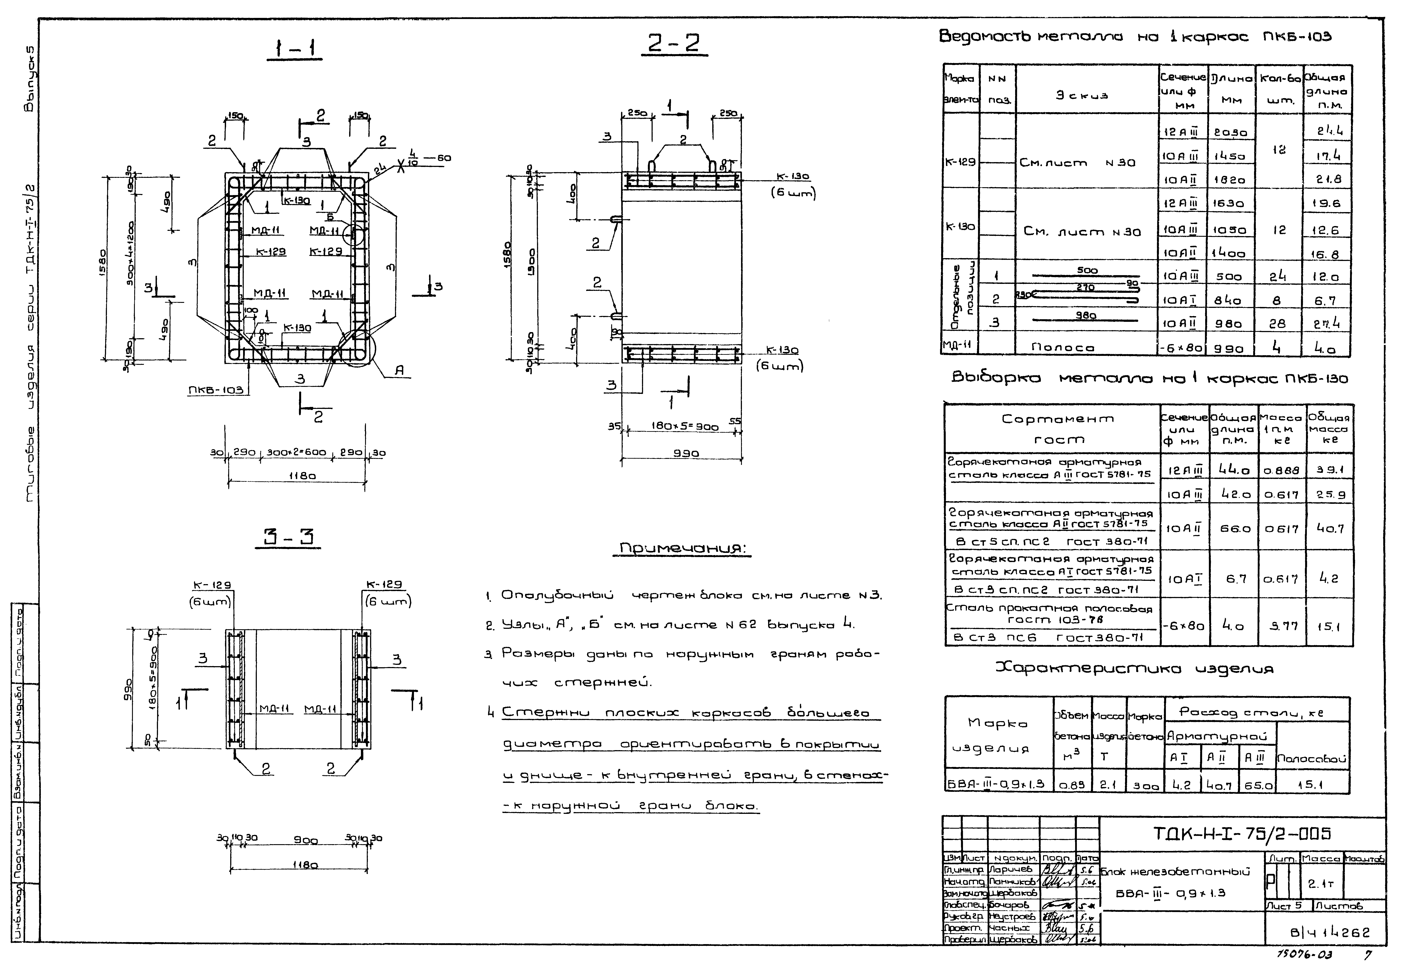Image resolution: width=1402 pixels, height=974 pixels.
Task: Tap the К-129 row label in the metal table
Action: click(960, 162)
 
